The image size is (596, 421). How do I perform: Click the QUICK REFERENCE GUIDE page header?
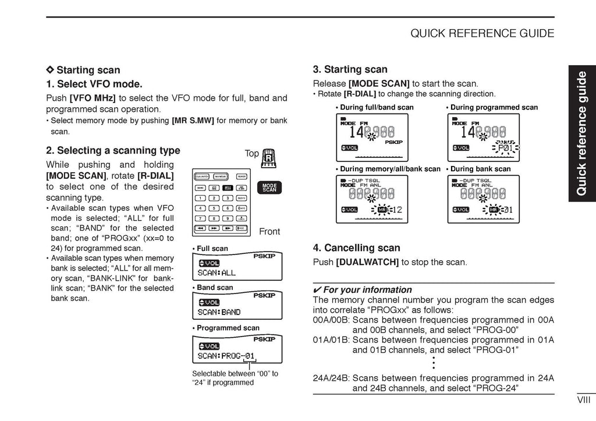click(x=482, y=33)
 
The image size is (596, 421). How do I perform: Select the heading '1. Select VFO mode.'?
click(x=94, y=84)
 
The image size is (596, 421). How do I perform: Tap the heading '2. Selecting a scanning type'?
click(x=113, y=150)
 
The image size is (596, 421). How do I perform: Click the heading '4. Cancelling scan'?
click(x=356, y=247)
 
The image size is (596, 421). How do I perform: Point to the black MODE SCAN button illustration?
click(x=269, y=187)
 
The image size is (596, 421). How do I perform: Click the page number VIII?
click(x=584, y=399)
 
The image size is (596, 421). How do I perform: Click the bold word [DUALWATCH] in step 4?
click(x=367, y=262)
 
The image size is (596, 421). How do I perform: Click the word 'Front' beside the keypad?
click(x=269, y=231)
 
